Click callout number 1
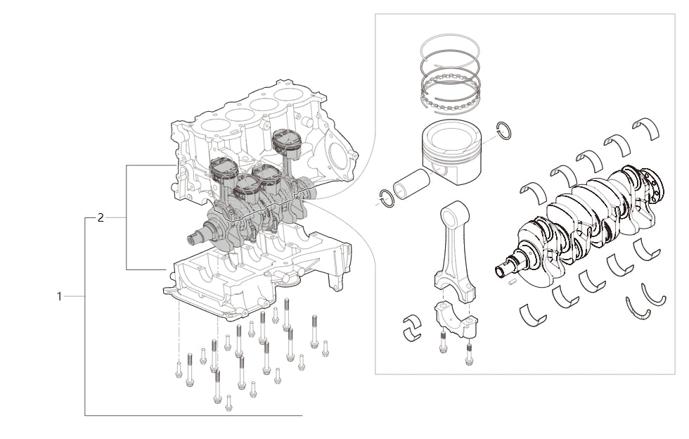tap(60, 297)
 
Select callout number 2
tap(101, 218)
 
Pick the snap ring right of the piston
tap(503, 130)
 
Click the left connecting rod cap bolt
tap(444, 343)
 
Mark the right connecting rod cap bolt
tap(469, 354)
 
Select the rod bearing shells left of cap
tap(411, 328)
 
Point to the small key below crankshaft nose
tap(513, 282)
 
